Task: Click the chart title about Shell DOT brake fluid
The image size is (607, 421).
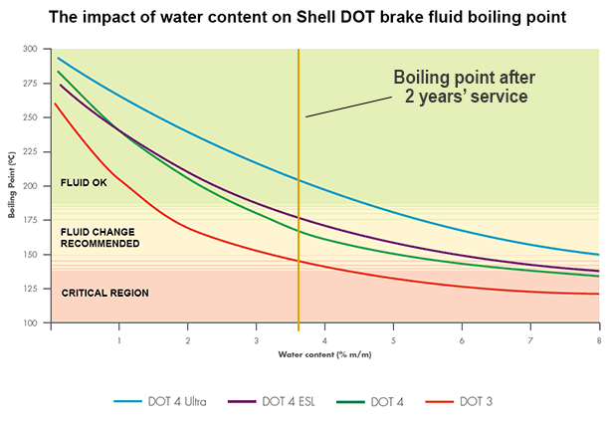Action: [x=303, y=16]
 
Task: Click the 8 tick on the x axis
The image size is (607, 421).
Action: [x=598, y=339]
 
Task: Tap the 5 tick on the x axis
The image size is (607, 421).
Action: [x=393, y=339]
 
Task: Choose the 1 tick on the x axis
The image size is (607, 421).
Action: [x=119, y=339]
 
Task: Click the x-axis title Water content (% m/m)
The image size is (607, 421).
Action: [x=324, y=353]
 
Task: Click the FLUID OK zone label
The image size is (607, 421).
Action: [x=85, y=182]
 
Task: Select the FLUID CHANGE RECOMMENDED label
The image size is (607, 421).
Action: [x=100, y=237]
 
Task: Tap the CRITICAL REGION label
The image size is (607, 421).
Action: [x=104, y=293]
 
